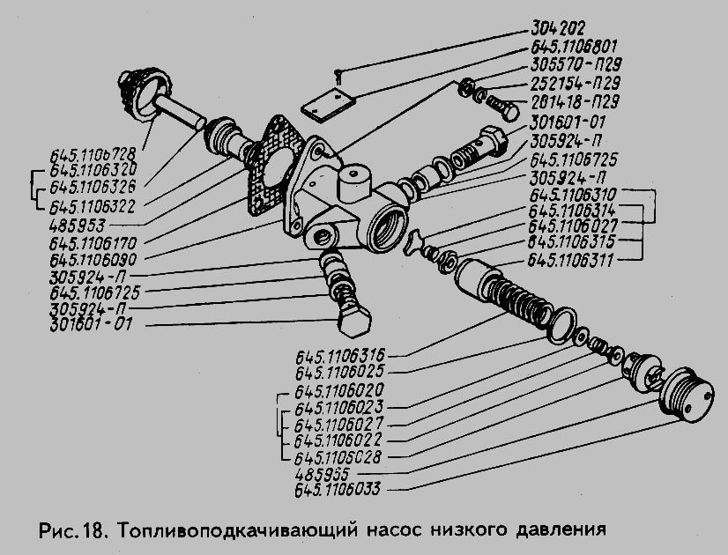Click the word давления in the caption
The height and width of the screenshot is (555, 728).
tap(561, 531)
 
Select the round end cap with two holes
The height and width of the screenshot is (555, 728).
tap(686, 393)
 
